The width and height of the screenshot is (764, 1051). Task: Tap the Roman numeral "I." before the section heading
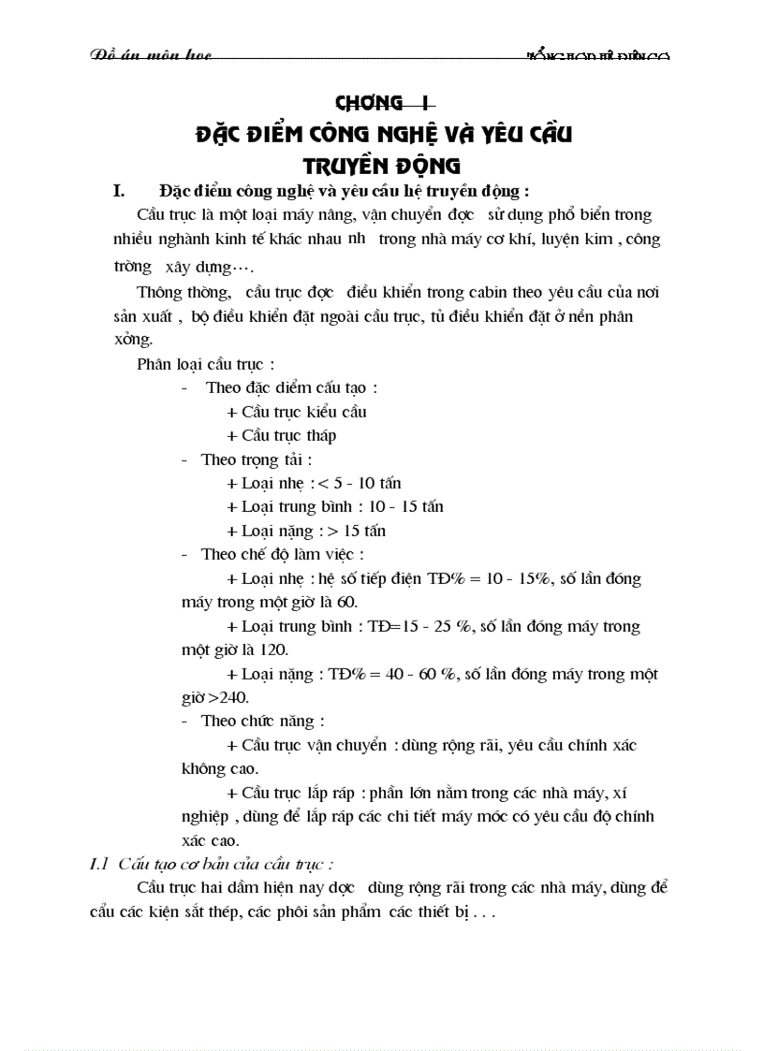[119, 192]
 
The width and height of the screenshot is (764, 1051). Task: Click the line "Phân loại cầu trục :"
[205, 363]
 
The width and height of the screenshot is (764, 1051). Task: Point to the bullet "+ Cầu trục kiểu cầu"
[297, 412]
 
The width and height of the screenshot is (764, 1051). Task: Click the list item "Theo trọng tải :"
[256, 460]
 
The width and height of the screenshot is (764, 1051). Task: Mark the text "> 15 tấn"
[357, 531]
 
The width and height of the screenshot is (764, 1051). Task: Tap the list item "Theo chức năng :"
[263, 721]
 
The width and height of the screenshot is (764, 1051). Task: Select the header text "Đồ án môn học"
[151, 56]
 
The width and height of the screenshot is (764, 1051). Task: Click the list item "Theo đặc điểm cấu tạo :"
[291, 387]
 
